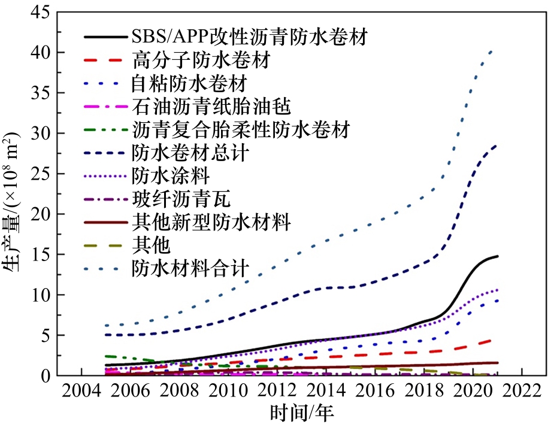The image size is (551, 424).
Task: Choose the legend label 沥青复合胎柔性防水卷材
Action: click(240, 129)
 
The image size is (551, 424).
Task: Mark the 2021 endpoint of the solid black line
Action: click(497, 256)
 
